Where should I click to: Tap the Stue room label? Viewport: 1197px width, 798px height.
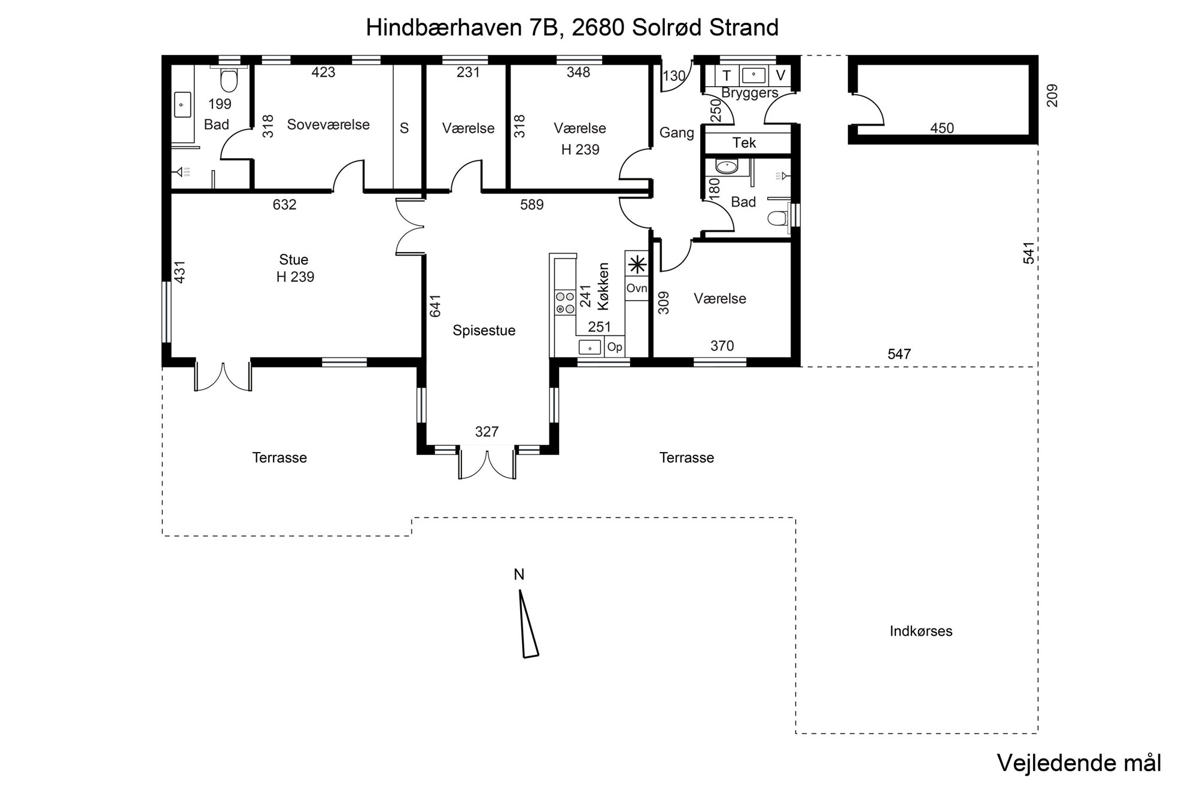coord(293,260)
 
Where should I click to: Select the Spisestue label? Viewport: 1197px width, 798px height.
coord(484,330)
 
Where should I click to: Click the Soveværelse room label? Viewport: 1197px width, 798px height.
coord(328,125)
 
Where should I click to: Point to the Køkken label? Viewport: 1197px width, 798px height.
coord(603,286)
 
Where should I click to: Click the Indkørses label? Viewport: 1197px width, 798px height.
coord(920,631)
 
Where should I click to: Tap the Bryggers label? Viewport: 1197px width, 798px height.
coord(749,93)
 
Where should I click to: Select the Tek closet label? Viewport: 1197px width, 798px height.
coord(744,142)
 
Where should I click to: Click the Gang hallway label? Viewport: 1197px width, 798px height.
coord(676,133)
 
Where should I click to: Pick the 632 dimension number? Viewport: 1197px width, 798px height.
coord(284,205)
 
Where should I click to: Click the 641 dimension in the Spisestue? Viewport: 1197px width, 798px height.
coord(435,305)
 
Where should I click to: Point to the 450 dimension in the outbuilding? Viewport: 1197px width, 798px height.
coord(942,128)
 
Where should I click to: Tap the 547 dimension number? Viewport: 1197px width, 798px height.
coord(899,354)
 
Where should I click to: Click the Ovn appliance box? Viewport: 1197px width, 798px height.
coord(636,288)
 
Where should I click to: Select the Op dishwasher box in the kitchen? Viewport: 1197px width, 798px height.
coord(615,347)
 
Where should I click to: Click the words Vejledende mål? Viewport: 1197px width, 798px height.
coord(1078,763)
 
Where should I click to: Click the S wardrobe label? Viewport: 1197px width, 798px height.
coord(404,128)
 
